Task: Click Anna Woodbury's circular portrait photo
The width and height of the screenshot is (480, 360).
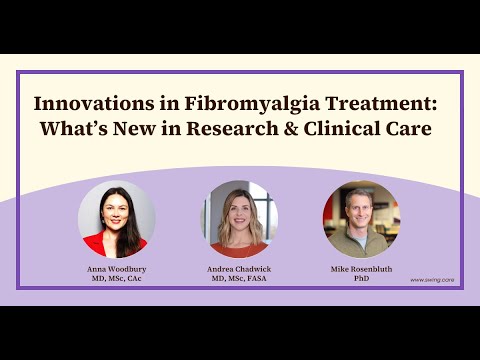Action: point(117,219)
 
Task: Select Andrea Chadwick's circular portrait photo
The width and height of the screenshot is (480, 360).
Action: point(239,219)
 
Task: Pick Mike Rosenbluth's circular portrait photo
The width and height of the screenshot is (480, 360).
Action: point(361,219)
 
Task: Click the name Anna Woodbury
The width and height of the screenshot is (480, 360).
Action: point(117,269)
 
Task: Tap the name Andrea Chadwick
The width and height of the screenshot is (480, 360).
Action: point(239,269)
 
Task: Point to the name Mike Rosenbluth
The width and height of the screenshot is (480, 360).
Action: point(361,269)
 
